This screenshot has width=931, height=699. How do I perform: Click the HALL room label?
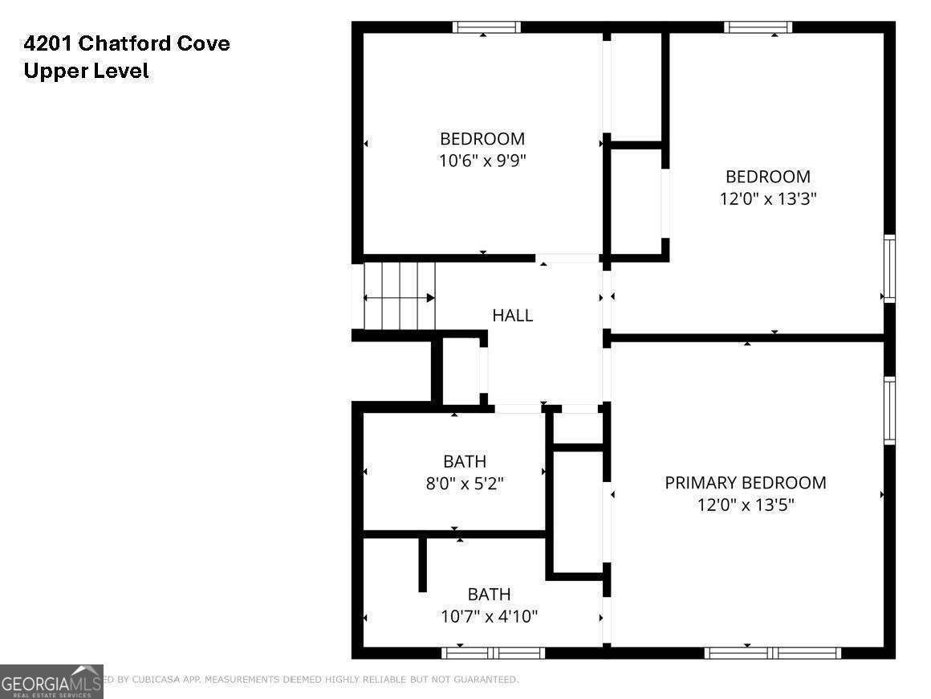512,316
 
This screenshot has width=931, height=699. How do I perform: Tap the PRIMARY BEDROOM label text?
745,483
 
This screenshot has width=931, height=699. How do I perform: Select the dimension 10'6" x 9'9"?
482,161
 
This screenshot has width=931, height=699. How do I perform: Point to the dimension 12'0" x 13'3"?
768,198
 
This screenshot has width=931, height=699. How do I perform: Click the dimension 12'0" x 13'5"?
745,505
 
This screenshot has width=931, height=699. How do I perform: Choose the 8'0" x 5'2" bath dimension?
465,484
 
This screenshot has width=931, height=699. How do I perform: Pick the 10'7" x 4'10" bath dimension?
489,616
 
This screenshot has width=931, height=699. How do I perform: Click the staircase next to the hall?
399,296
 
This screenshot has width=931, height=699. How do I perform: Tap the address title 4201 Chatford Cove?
127,43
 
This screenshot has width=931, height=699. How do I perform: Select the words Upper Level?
86,71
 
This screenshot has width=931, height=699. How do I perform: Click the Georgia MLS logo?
51,681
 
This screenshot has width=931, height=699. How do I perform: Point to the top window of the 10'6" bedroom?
486,27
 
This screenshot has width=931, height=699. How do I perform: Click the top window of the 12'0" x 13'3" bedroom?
758,27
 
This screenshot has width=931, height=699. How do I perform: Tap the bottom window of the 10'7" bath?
494,652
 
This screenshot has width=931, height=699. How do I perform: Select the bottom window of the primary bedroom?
773,652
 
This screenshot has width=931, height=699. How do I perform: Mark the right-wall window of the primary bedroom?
889,410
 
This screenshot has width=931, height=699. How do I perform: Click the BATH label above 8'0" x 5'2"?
465,461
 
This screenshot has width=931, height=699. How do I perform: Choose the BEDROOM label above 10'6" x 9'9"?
482,138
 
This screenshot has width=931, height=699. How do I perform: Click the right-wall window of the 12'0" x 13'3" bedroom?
889,268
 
